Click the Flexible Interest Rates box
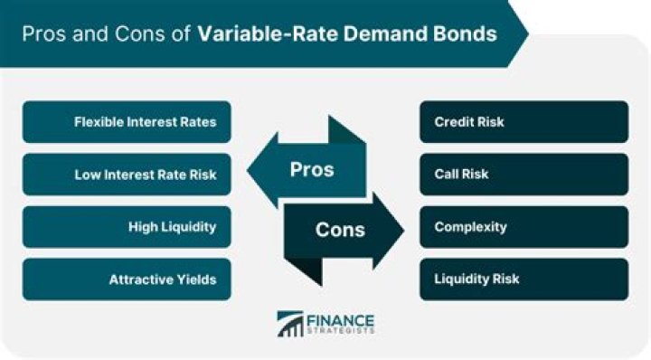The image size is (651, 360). pos(127,122)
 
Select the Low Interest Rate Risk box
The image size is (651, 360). pos(127,175)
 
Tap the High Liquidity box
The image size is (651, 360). pos(127,227)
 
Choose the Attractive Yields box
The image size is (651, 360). pos(127,279)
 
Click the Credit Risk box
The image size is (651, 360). pos(524,122)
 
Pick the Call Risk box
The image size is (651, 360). pos(524,175)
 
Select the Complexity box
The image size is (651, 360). pos(524,227)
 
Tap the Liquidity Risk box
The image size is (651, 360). pos(524,279)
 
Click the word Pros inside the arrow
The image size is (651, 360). pos(312,169)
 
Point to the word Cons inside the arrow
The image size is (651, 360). pos(340,230)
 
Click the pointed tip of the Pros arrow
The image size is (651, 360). pos(248,169)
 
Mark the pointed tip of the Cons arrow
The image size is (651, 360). pos(403,230)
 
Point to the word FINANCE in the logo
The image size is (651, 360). pos(341,321)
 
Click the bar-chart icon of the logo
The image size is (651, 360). pos(290,324)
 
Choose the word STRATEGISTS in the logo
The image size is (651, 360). pos(341,331)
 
